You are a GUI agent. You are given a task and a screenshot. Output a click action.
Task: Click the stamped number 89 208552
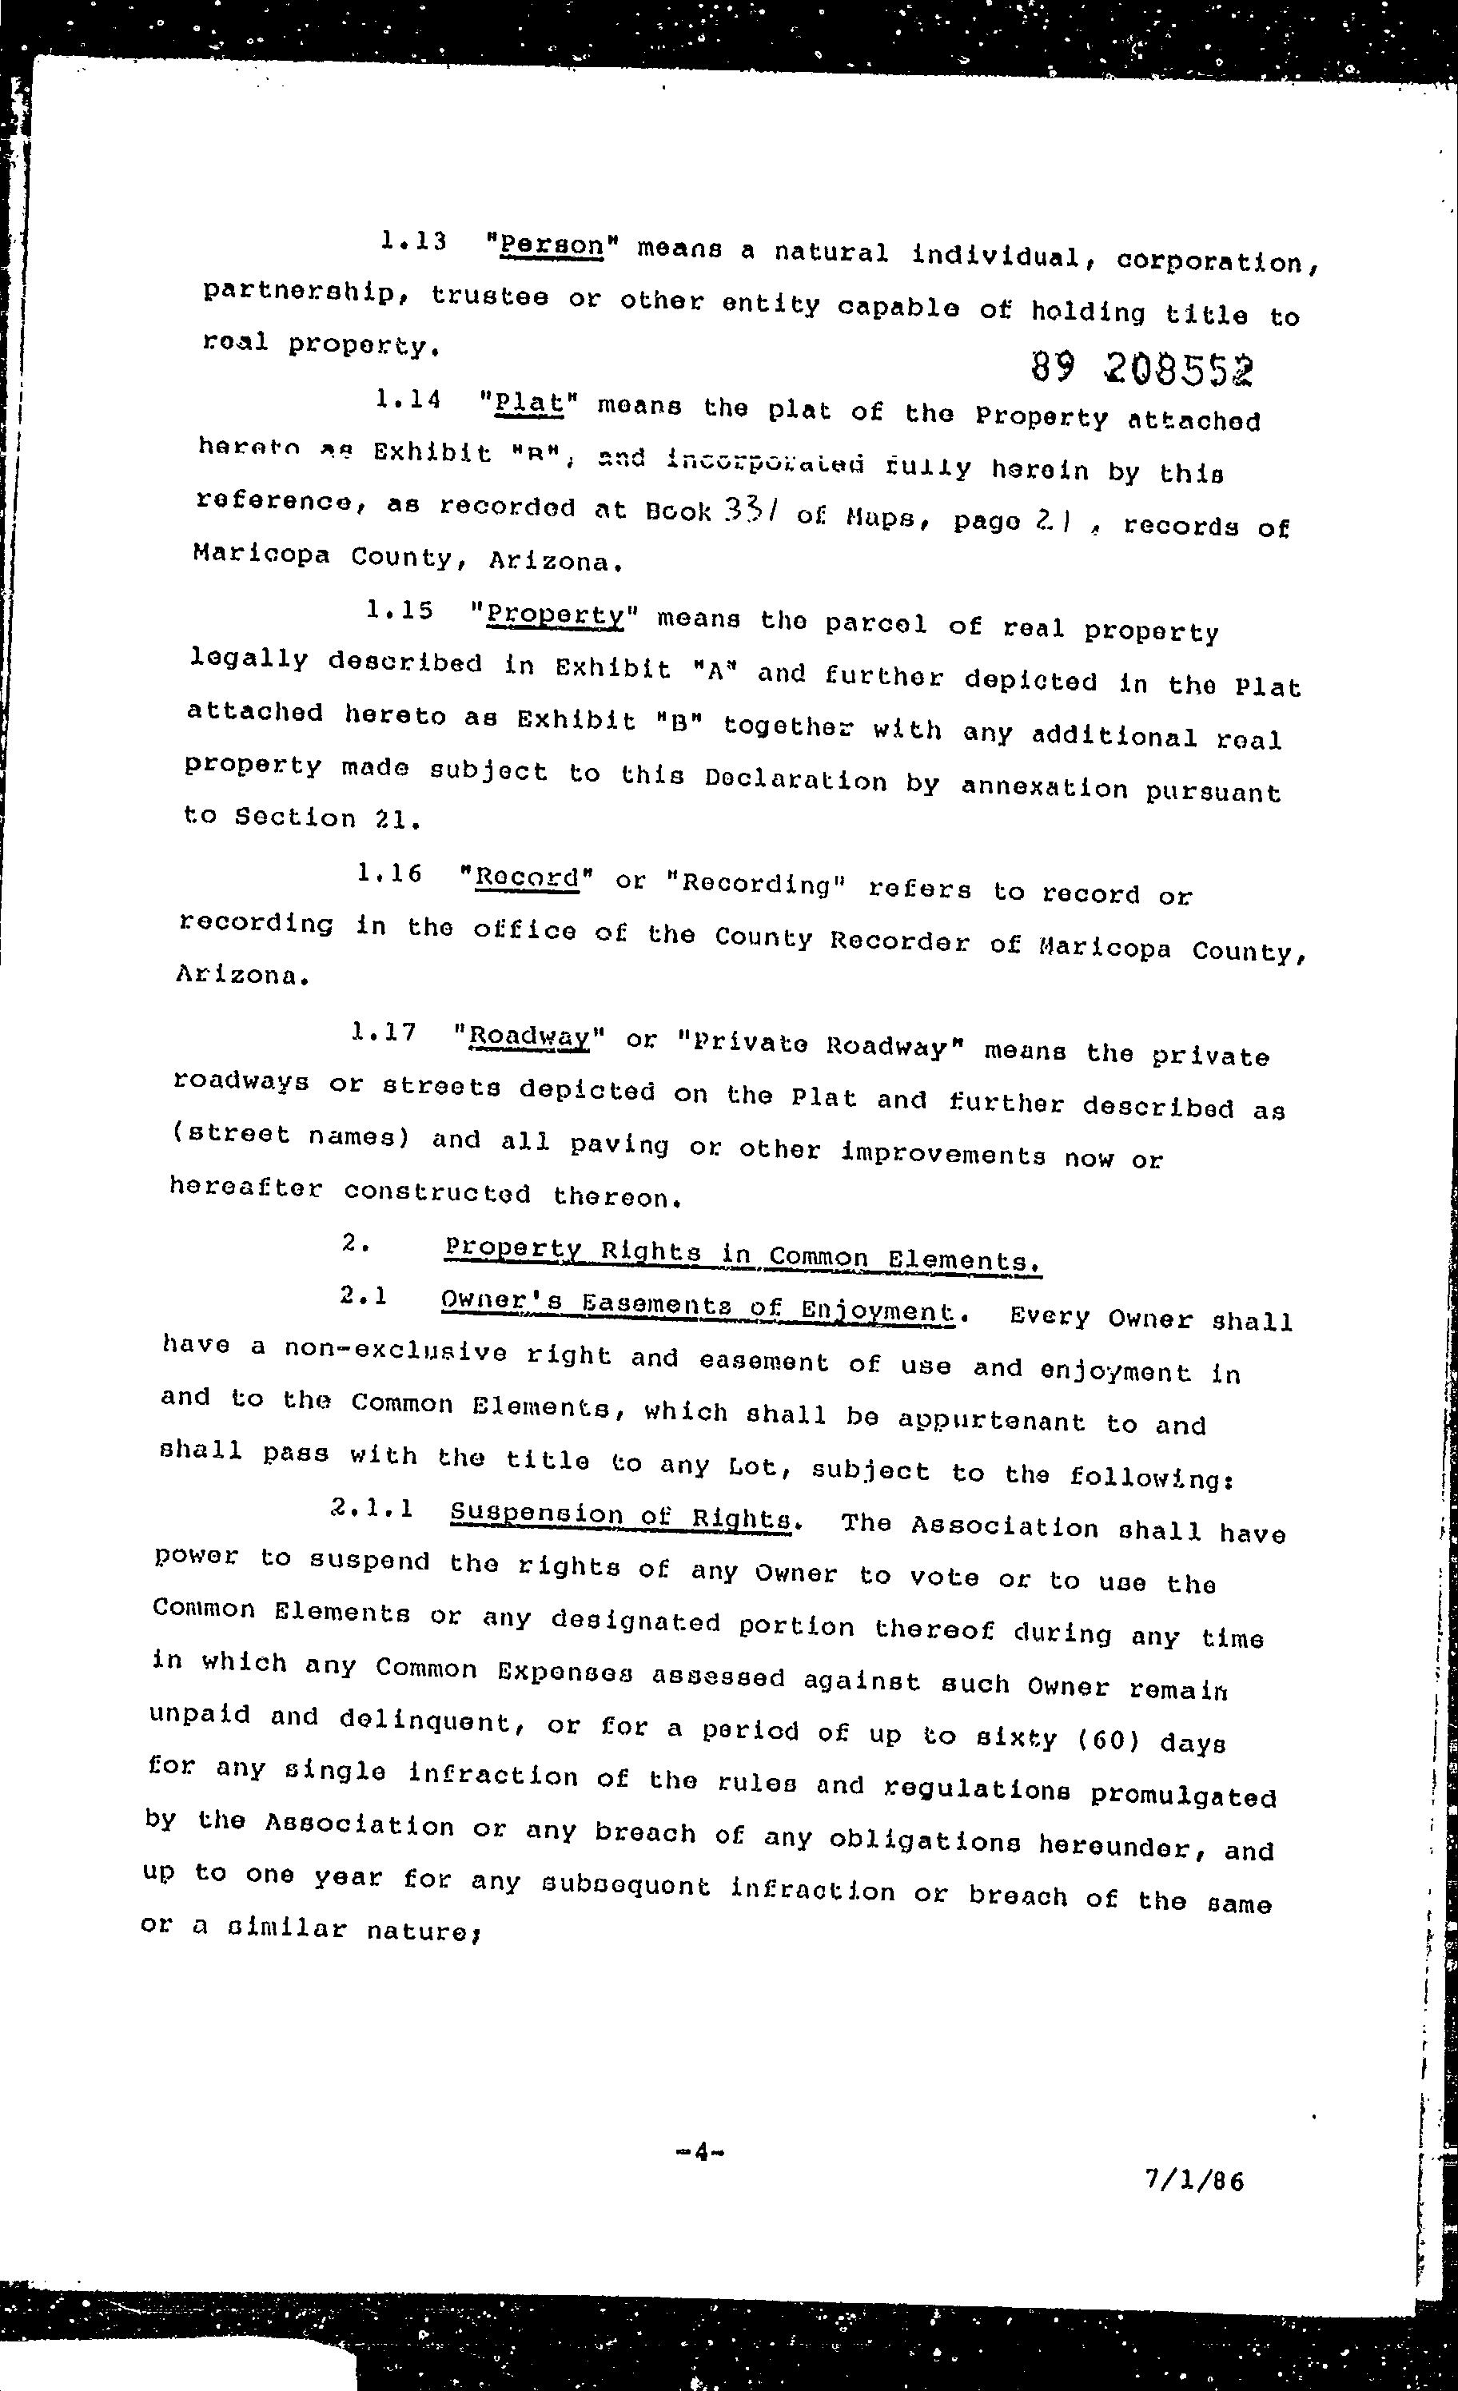coord(1141,367)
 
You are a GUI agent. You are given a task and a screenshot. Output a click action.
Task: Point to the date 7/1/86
coord(1194,2180)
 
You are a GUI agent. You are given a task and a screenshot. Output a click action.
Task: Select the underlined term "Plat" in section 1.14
coord(528,403)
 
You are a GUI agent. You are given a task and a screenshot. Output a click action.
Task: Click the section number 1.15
coord(399,611)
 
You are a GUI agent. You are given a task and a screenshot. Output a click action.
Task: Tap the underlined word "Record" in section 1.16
coord(527,876)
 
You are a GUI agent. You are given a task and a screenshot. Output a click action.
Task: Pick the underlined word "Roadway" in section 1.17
coord(529,1037)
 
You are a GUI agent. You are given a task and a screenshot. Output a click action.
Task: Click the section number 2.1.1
coord(372,1508)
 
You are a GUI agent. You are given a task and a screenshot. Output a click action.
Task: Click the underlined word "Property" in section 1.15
coord(556,615)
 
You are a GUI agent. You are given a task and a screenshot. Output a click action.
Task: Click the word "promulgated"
coord(1182,1794)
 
